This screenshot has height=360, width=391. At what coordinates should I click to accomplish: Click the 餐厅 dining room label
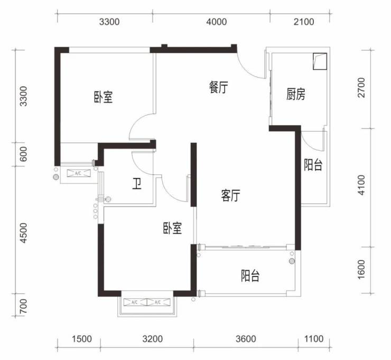[x=218, y=87]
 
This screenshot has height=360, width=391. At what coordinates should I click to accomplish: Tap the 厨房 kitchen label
[x=295, y=94]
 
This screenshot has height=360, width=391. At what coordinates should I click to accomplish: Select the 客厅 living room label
[x=231, y=195]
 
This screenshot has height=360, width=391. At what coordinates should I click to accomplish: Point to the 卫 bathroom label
[x=137, y=184]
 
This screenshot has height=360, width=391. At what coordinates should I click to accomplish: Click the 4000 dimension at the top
[x=217, y=22]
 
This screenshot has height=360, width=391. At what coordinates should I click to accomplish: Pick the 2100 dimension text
[x=304, y=22]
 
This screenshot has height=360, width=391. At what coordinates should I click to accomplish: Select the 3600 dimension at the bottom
[x=246, y=339]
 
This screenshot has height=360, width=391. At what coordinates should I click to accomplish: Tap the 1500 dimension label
[x=82, y=339]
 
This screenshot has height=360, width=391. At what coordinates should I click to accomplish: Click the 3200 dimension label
[x=153, y=339]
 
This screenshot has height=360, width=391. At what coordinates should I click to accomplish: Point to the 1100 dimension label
[x=314, y=339]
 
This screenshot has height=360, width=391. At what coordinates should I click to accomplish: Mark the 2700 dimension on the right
[x=361, y=88]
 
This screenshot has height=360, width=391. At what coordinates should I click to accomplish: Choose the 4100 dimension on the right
[x=361, y=185]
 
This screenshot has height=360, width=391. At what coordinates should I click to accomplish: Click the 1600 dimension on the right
[x=361, y=270]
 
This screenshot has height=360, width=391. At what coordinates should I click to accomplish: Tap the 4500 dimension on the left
[x=23, y=233]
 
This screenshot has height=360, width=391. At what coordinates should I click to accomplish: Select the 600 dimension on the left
[x=23, y=154]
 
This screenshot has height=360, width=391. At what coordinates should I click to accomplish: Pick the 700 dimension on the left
[x=23, y=306]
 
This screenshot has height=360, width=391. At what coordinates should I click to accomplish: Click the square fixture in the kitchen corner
[x=320, y=61]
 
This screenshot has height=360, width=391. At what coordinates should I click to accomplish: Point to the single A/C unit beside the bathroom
[x=79, y=173]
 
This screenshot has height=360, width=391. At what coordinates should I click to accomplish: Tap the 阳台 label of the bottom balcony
[x=250, y=275]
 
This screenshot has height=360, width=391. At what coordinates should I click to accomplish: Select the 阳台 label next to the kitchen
[x=313, y=165]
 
